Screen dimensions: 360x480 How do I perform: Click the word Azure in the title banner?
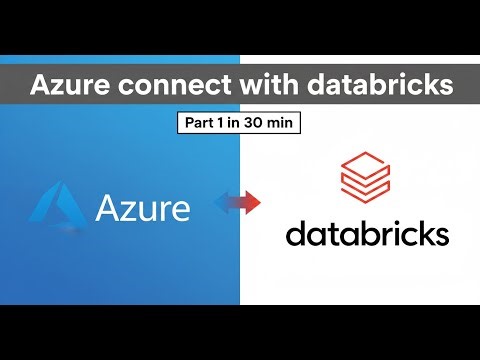(71, 85)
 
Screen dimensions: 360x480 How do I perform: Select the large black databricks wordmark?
(367, 234)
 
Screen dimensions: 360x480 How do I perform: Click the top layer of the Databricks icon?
(367, 159)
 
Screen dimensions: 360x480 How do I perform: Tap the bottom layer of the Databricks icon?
(367, 193)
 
